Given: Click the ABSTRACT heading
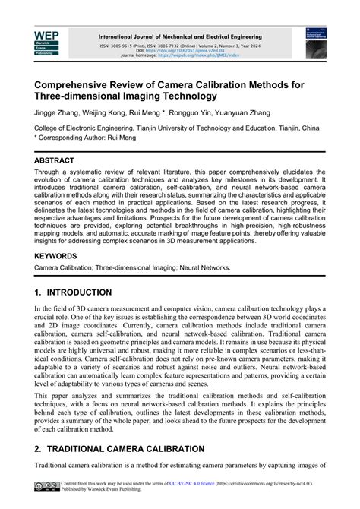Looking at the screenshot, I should (x=55, y=161).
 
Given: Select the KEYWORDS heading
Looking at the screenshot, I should (x=58, y=257).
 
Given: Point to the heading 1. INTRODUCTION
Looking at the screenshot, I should (x=73, y=292).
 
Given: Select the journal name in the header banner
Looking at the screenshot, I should (x=180, y=36).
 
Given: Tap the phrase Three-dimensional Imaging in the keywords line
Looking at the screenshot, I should (x=143, y=269).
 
